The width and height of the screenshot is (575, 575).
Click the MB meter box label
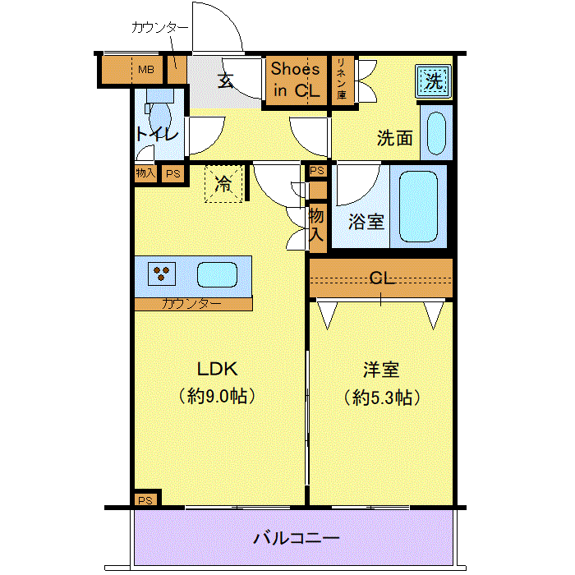pyautogui.click(x=146, y=69)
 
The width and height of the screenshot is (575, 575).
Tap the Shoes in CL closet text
pyautogui.click(x=295, y=80)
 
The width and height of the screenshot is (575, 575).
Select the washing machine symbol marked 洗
pyautogui.click(x=433, y=81)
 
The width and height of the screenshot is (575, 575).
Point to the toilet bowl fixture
pyautogui.click(x=161, y=116)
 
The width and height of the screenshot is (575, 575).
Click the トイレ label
pyautogui.click(x=157, y=134)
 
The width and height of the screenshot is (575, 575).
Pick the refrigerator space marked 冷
pyautogui.click(x=223, y=184)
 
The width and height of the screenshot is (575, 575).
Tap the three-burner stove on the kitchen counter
pyautogui.click(x=161, y=274)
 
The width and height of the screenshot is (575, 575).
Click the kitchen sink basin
pyautogui.click(x=217, y=274)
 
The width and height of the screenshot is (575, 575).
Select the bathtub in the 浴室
pyautogui.click(x=418, y=207)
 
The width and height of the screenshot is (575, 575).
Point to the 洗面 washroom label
pyautogui.click(x=394, y=138)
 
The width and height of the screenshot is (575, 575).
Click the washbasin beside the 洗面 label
pyautogui.click(x=436, y=133)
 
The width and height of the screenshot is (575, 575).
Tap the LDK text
pyautogui.click(x=218, y=369)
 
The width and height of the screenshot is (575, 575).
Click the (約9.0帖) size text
pyautogui.click(x=217, y=396)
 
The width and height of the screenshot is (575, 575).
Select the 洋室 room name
pyautogui.click(x=381, y=370)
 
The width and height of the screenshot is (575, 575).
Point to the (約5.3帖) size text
pyautogui.click(x=382, y=398)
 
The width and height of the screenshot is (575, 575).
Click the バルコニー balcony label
pyautogui.click(x=297, y=538)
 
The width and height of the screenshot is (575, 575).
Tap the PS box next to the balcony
pyautogui.click(x=145, y=500)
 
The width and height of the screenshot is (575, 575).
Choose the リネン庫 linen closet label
pyautogui.click(x=342, y=79)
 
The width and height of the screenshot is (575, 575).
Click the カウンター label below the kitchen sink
pyautogui.click(x=191, y=304)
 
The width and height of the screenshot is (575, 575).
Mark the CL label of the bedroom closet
pyautogui.click(x=382, y=278)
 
